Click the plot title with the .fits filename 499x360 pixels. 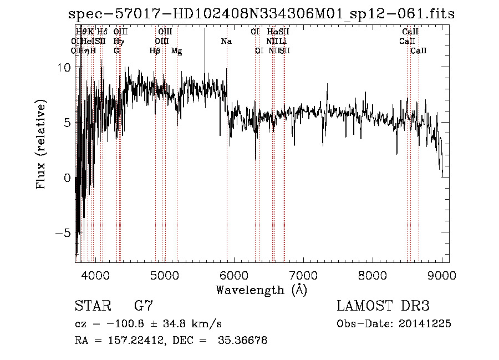[x=261, y=14]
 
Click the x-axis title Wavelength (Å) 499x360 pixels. [x=261, y=290]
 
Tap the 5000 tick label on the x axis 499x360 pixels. [x=165, y=275]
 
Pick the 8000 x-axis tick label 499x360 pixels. [x=373, y=275]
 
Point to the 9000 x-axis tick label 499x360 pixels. [x=442, y=275]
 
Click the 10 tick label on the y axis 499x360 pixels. [x=65, y=67]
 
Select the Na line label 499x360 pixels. [x=226, y=42]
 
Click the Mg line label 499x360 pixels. [x=177, y=51]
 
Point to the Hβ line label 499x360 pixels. [x=155, y=51]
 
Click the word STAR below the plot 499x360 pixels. [x=92, y=306]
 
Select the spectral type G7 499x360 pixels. [x=144, y=306]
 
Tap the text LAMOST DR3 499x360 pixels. [x=383, y=306]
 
